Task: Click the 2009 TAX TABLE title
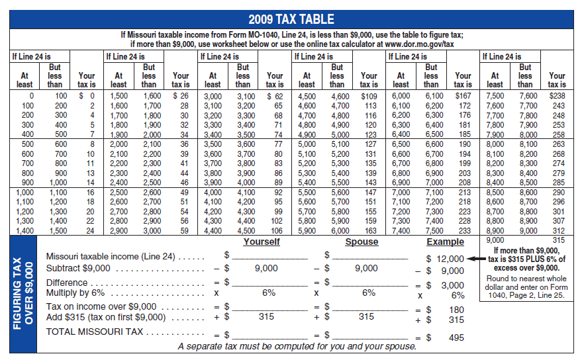pos(291,19)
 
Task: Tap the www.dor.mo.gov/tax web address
pos(419,44)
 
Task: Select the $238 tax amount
pos(558,96)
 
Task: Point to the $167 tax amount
pos(463,96)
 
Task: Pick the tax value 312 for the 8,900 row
pos(559,231)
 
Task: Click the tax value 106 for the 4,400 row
pos(276,231)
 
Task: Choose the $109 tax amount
pos(369,96)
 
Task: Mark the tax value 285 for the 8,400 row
pos(559,183)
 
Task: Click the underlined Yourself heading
pos(262,242)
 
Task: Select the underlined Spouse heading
pos(362,242)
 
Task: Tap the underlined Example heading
pos(445,242)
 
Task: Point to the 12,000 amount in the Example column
pos(450,259)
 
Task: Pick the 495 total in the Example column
pos(456,337)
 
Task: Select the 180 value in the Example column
pos(456,310)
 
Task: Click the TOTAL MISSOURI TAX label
pos(95,332)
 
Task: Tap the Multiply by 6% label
pos(75,292)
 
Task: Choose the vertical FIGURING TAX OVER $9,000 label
pos(23,294)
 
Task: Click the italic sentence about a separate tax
pos(297,346)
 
